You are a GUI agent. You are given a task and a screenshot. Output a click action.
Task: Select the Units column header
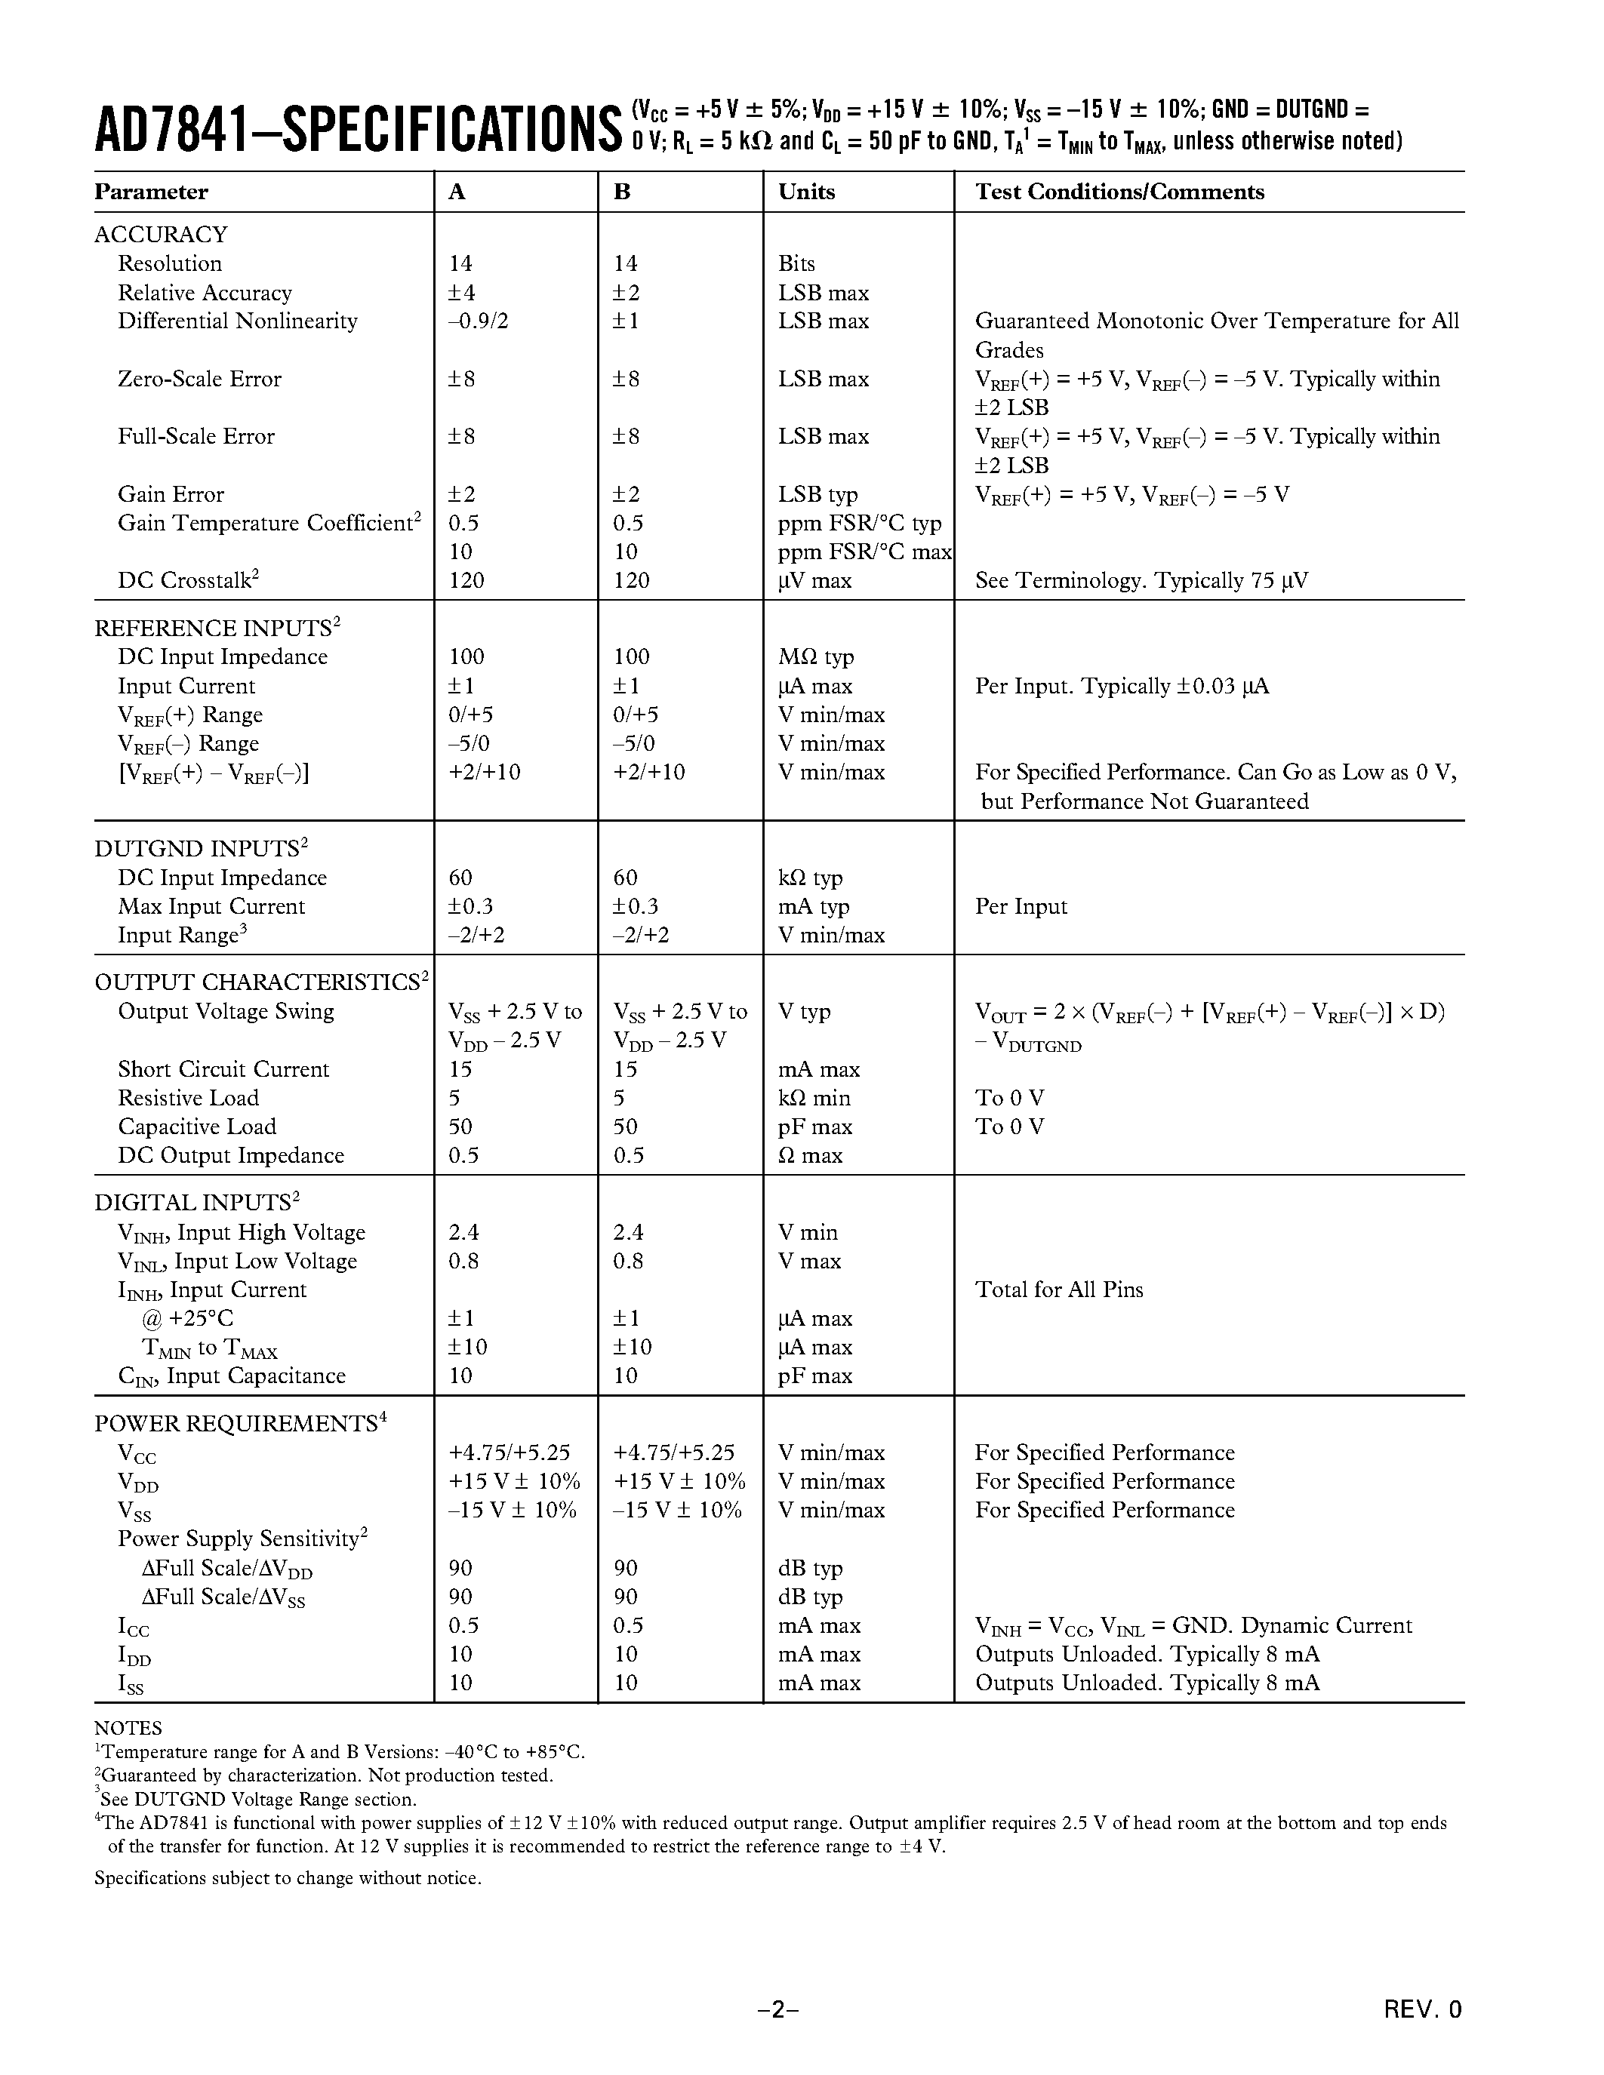click(806, 192)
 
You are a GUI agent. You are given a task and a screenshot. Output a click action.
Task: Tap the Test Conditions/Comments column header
click(1119, 192)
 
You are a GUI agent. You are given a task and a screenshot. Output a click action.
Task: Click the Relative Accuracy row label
click(205, 293)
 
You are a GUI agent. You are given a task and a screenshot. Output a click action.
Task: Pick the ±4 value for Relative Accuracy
click(462, 293)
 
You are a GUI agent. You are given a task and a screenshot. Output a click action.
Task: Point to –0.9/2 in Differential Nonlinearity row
click(478, 321)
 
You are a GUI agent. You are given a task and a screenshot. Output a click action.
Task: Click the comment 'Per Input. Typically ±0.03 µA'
click(1121, 686)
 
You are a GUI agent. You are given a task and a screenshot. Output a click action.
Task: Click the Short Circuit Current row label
click(223, 1069)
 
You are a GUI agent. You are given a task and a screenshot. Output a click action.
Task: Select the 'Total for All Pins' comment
click(1058, 1290)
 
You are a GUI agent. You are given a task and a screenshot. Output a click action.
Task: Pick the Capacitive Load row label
click(197, 1127)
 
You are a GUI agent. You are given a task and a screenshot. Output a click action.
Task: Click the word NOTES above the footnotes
click(128, 1728)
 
